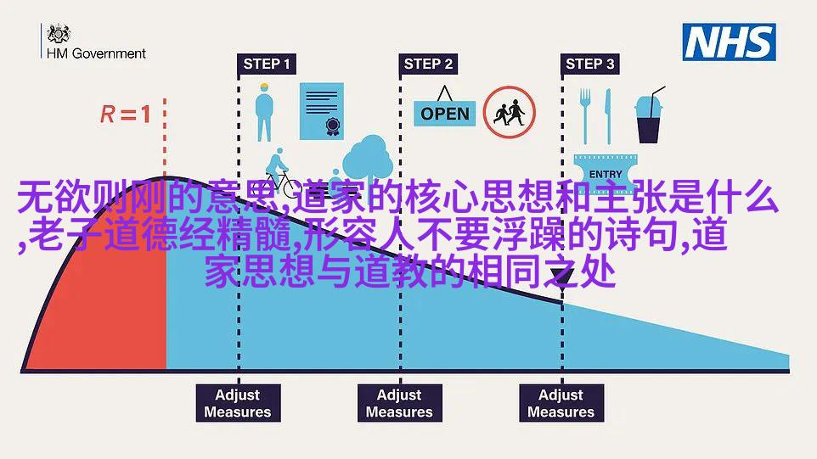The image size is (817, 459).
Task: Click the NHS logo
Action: (x=729, y=42)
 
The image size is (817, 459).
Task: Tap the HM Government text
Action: (x=97, y=53)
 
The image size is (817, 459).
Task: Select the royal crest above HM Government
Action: (x=59, y=34)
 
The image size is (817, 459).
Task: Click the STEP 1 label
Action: (x=267, y=64)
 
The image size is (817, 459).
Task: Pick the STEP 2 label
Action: (x=428, y=64)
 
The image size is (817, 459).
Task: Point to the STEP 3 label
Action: (x=590, y=64)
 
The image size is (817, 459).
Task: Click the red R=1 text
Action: (x=126, y=115)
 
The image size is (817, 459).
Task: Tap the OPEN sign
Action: (x=444, y=109)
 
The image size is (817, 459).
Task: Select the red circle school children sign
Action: (x=509, y=112)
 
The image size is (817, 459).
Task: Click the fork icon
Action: (x=586, y=116)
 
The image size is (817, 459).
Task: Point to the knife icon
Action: (x=607, y=116)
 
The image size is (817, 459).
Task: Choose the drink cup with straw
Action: (x=649, y=115)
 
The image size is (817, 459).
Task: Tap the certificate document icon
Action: (x=322, y=111)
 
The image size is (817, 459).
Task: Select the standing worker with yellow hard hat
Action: (x=264, y=112)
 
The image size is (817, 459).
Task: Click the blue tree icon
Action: (x=368, y=159)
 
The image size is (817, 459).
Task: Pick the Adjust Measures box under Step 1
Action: (x=238, y=403)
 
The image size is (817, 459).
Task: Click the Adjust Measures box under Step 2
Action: (x=400, y=403)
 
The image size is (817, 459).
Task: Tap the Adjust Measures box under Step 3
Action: (x=561, y=403)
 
